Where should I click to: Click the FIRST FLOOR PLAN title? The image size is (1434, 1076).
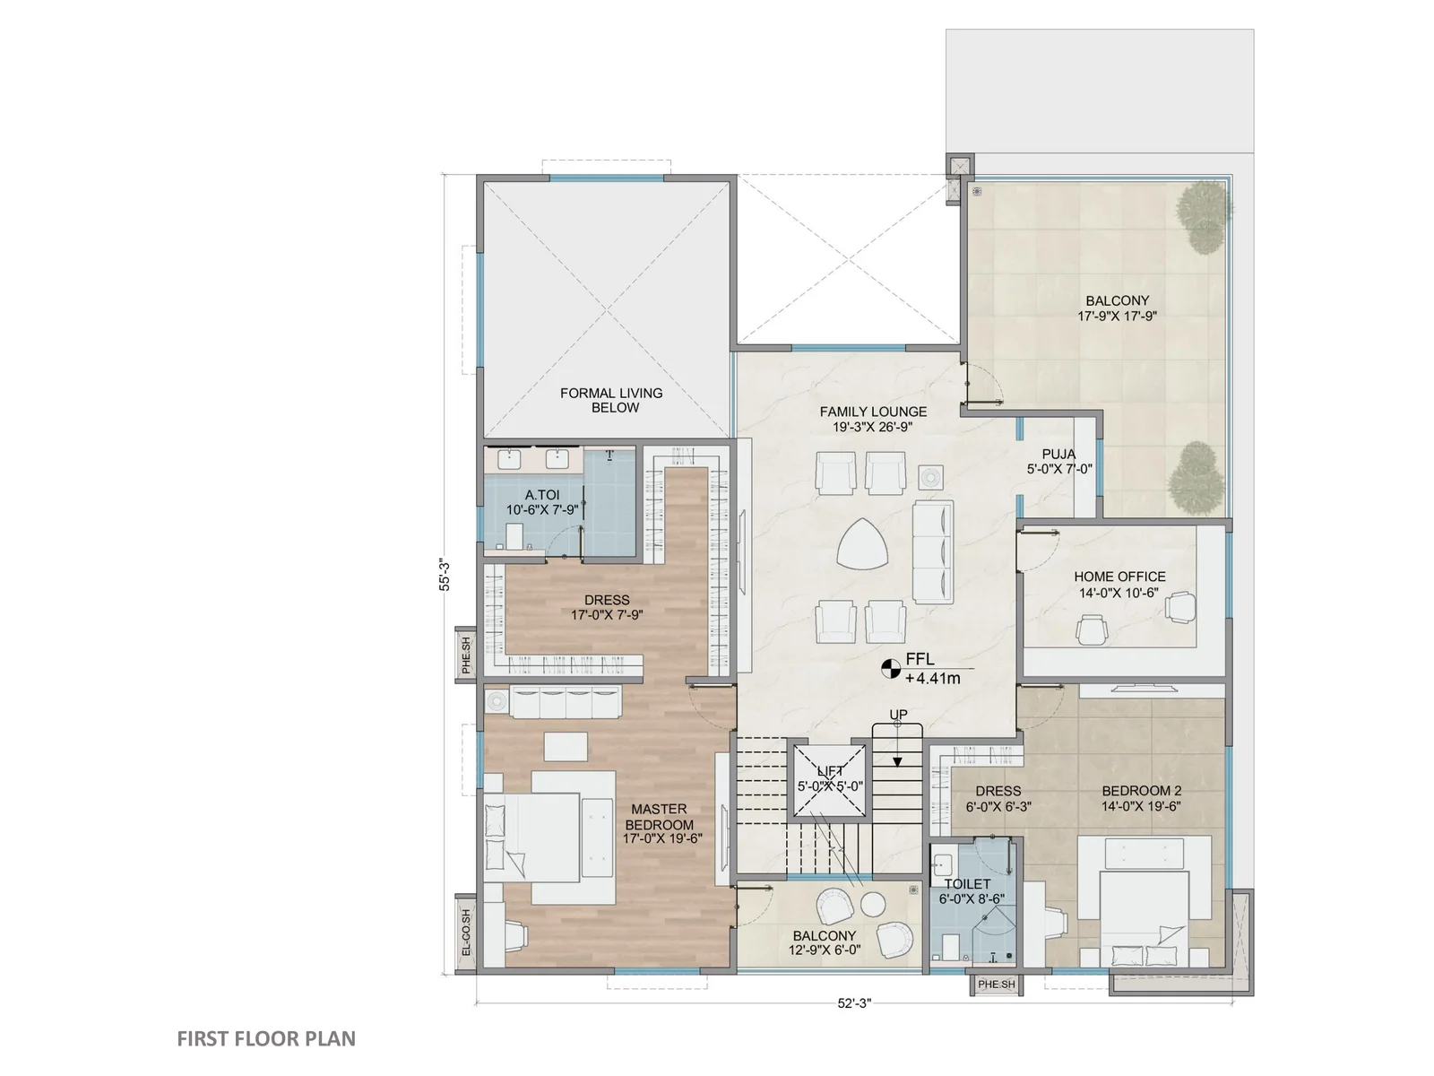pyautogui.click(x=266, y=1038)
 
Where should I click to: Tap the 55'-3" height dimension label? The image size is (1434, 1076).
pyautogui.click(x=445, y=574)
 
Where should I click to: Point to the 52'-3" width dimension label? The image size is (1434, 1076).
pyautogui.click(x=854, y=1002)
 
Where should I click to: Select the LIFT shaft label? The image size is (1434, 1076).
pyautogui.click(x=830, y=771)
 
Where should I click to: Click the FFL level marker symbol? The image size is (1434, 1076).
pyautogui.click(x=891, y=668)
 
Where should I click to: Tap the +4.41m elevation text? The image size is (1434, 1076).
pyautogui.click(x=932, y=678)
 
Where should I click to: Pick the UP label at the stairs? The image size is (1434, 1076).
pyautogui.click(x=898, y=714)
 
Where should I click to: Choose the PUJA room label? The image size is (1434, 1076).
pyautogui.click(x=1059, y=454)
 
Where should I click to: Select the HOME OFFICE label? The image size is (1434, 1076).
pyautogui.click(x=1119, y=577)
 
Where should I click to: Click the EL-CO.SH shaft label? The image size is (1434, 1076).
pyautogui.click(x=466, y=933)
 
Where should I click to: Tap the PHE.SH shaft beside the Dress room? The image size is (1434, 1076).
pyautogui.click(x=466, y=655)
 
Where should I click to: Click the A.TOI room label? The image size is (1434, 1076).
pyautogui.click(x=542, y=495)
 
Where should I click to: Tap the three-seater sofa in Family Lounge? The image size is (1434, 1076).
pyautogui.click(x=933, y=552)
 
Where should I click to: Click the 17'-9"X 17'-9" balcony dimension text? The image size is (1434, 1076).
pyautogui.click(x=1117, y=316)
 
